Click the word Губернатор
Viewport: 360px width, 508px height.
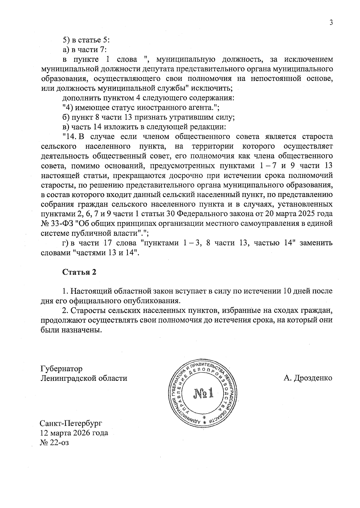[61, 368]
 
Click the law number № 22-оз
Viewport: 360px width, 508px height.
[55, 442]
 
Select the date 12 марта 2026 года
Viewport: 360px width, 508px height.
[74, 433]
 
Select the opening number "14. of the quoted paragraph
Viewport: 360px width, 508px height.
[70, 137]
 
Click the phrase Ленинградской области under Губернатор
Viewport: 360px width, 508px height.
[84, 378]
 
